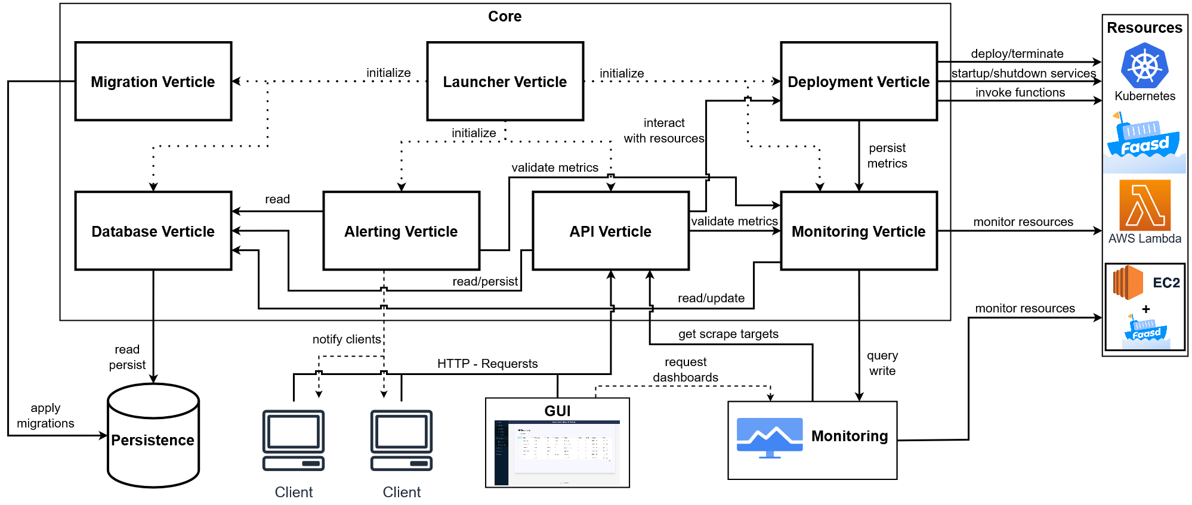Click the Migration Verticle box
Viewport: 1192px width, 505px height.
(x=153, y=82)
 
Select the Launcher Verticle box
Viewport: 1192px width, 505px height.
(x=505, y=82)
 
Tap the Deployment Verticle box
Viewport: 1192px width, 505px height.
(x=859, y=82)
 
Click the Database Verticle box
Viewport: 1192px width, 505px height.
(x=153, y=231)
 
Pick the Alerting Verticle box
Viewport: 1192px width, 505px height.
(x=401, y=231)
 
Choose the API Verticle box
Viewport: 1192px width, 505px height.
(x=610, y=231)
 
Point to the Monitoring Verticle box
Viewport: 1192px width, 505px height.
(x=859, y=231)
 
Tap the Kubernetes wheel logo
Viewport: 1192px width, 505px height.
(x=1144, y=66)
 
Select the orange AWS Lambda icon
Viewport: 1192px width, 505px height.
(x=1145, y=205)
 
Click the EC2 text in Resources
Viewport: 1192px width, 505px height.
(x=1166, y=283)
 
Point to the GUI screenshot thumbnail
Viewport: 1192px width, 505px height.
(x=557, y=452)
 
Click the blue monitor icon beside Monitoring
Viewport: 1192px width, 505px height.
(x=769, y=437)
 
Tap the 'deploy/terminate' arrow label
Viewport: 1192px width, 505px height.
(x=1017, y=54)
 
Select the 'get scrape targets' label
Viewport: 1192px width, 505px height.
(x=728, y=334)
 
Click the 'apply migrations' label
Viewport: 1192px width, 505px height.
(x=45, y=416)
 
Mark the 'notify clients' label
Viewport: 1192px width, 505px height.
(x=347, y=339)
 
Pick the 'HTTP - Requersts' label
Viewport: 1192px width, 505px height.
(x=487, y=364)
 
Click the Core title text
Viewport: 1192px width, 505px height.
(x=505, y=17)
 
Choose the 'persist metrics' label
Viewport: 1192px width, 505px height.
(x=887, y=156)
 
